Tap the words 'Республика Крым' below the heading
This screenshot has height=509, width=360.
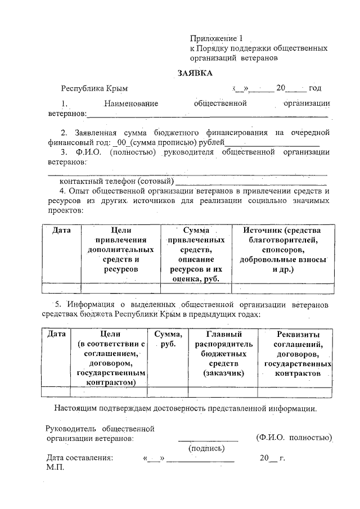(94, 88)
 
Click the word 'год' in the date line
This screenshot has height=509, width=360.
(315, 88)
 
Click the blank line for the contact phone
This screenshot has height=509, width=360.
(251, 182)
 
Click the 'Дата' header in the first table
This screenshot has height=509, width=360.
(61, 230)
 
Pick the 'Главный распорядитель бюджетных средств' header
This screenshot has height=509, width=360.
(222, 353)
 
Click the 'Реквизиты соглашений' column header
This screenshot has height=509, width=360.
(295, 353)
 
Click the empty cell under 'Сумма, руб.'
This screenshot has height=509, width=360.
(167, 392)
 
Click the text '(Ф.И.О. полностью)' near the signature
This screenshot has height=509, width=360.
(292, 437)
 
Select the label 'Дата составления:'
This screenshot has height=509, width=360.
(80, 458)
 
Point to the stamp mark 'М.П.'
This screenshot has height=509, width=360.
(56, 467)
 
